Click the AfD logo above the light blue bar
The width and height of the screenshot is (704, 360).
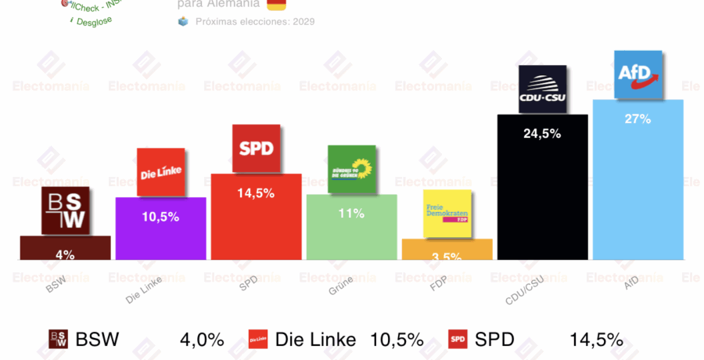coord(638,74)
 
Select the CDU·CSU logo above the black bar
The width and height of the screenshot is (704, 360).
coord(542,89)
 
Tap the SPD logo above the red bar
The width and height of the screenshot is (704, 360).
coord(256,149)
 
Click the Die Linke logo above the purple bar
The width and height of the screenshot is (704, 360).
coord(161,172)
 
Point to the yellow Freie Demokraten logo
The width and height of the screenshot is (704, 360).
coord(447,214)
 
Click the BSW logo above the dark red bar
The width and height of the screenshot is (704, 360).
coord(66,211)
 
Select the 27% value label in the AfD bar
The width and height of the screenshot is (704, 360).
coord(638,119)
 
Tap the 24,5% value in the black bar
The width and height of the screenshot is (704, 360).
coord(542,134)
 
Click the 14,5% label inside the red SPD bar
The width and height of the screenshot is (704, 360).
coord(256,193)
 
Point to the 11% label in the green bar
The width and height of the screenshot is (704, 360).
coord(351,213)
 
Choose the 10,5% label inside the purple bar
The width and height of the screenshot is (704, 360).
coord(161,217)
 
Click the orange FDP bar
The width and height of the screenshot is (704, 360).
coord(447,249)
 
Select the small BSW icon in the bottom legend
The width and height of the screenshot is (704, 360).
coord(59,339)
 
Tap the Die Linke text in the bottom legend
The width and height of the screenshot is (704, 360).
coord(315,340)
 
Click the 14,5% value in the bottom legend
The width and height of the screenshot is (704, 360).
coord(596,340)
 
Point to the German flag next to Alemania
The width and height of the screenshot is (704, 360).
coord(276,5)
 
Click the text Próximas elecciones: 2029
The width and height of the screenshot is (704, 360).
coord(255,22)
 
